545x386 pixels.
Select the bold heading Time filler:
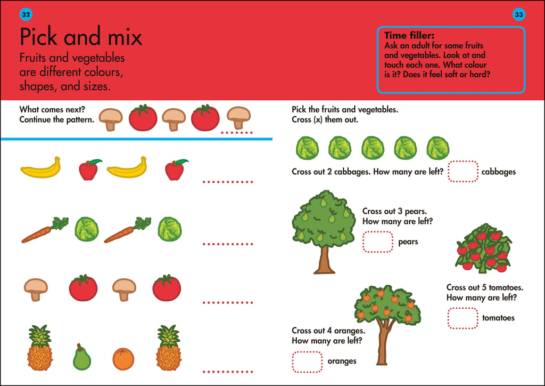409,36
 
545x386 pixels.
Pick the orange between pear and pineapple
123,359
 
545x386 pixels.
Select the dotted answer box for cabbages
463,172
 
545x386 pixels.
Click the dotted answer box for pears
377,242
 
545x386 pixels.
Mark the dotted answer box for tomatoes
463,318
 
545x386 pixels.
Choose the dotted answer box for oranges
307,361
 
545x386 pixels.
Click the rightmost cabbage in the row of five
437,148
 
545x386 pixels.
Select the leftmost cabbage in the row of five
307,148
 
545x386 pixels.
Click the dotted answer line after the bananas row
228,182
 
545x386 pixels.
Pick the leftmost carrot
44,231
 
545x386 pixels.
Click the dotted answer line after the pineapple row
228,371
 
